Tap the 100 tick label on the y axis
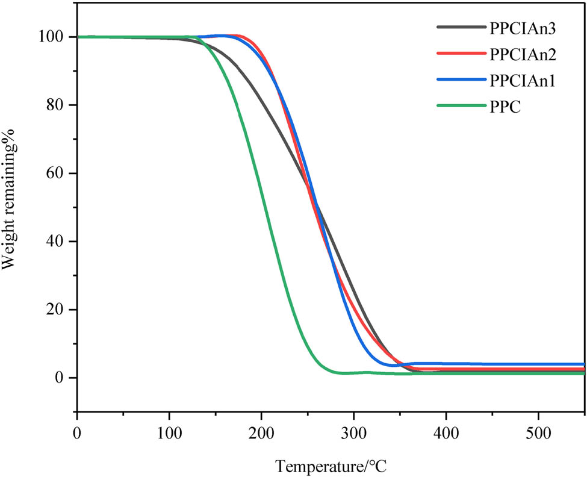[57, 37]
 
